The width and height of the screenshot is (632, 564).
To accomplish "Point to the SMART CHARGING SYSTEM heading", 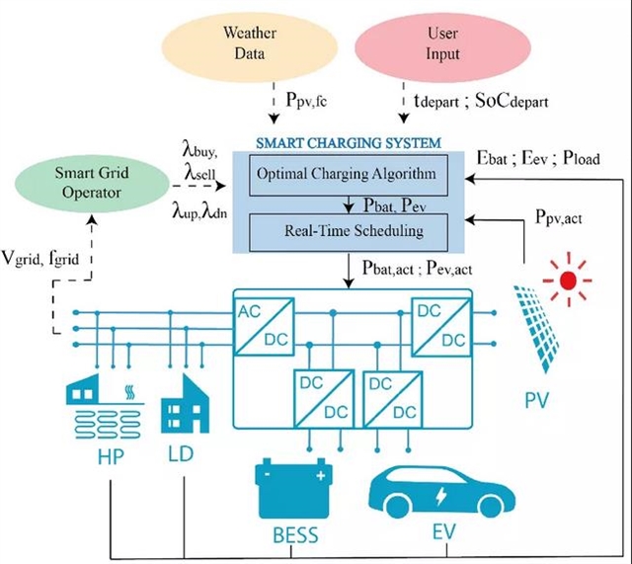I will pos(347,143).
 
